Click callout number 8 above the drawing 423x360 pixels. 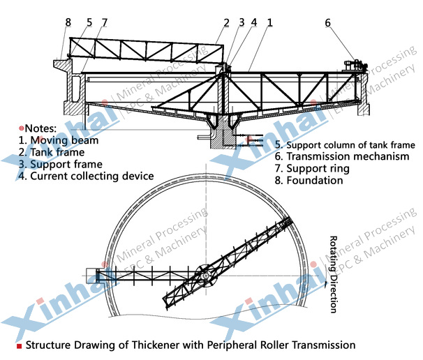[68, 22]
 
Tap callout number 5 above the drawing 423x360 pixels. [89, 22]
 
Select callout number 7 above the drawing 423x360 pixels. [105, 22]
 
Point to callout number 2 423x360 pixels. [226, 22]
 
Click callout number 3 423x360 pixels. [242, 22]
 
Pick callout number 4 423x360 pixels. [254, 22]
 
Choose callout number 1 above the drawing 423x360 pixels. [269, 22]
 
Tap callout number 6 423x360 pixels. [327, 22]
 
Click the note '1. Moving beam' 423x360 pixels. [59, 140]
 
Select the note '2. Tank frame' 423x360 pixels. [52, 152]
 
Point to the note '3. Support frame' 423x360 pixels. [61, 164]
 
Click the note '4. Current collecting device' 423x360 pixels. [86, 176]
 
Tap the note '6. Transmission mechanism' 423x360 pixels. [342, 156]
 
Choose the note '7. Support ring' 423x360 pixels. [312, 169]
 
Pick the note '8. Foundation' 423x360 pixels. [309, 181]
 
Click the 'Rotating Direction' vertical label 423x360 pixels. [334, 274]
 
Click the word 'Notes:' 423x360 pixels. [40, 128]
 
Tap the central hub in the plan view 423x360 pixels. [206, 276]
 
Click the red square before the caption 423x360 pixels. [19, 346]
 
